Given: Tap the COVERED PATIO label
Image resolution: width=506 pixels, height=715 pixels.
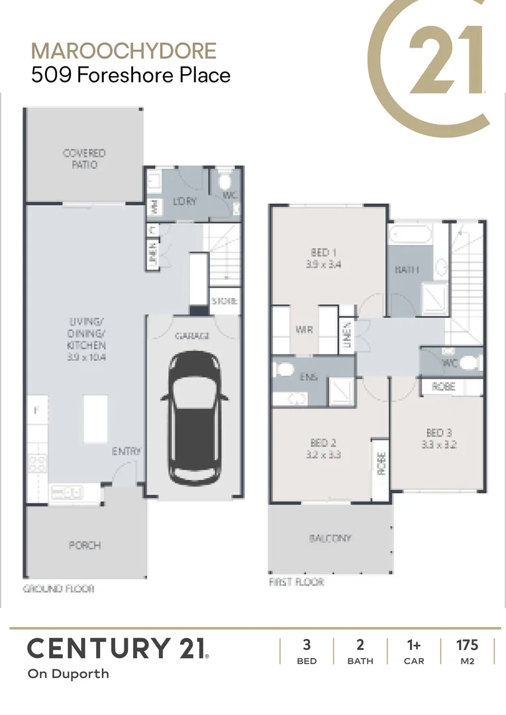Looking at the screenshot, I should coord(84,159).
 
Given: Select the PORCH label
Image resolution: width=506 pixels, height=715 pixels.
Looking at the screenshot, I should coord(85,546).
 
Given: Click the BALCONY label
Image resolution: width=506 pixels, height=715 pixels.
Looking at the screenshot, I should coord(330,539).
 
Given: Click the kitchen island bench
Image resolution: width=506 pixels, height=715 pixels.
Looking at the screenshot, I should coord(95,419).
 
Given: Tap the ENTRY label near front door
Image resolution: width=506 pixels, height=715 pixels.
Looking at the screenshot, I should coord(126,452).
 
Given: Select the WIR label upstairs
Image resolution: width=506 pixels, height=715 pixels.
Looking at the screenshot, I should coord(304,330).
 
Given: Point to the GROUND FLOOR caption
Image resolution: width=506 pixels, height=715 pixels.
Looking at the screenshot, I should coord(59,589).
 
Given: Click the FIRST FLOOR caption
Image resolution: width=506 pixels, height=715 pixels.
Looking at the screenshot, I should coord(297,583).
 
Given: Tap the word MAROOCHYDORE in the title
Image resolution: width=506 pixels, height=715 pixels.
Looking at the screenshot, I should coord(124,51).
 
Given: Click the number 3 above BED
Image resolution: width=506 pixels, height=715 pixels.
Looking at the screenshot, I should coord(307,645).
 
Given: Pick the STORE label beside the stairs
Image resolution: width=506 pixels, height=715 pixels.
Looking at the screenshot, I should coord(225,301).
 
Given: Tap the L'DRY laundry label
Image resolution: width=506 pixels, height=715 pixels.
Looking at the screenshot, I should coord(185,201).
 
